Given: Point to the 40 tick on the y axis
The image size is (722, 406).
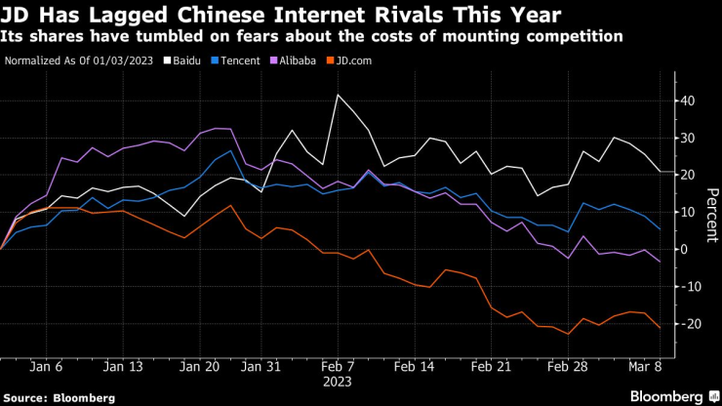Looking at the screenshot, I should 687,101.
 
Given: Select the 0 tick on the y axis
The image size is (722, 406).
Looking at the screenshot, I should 684,250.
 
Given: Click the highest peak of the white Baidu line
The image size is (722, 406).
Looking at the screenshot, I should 338,95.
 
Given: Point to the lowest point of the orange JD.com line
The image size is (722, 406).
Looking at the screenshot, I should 569,335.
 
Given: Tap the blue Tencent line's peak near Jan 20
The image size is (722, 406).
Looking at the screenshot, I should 231,150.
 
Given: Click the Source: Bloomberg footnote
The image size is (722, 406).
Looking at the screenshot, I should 60,397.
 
